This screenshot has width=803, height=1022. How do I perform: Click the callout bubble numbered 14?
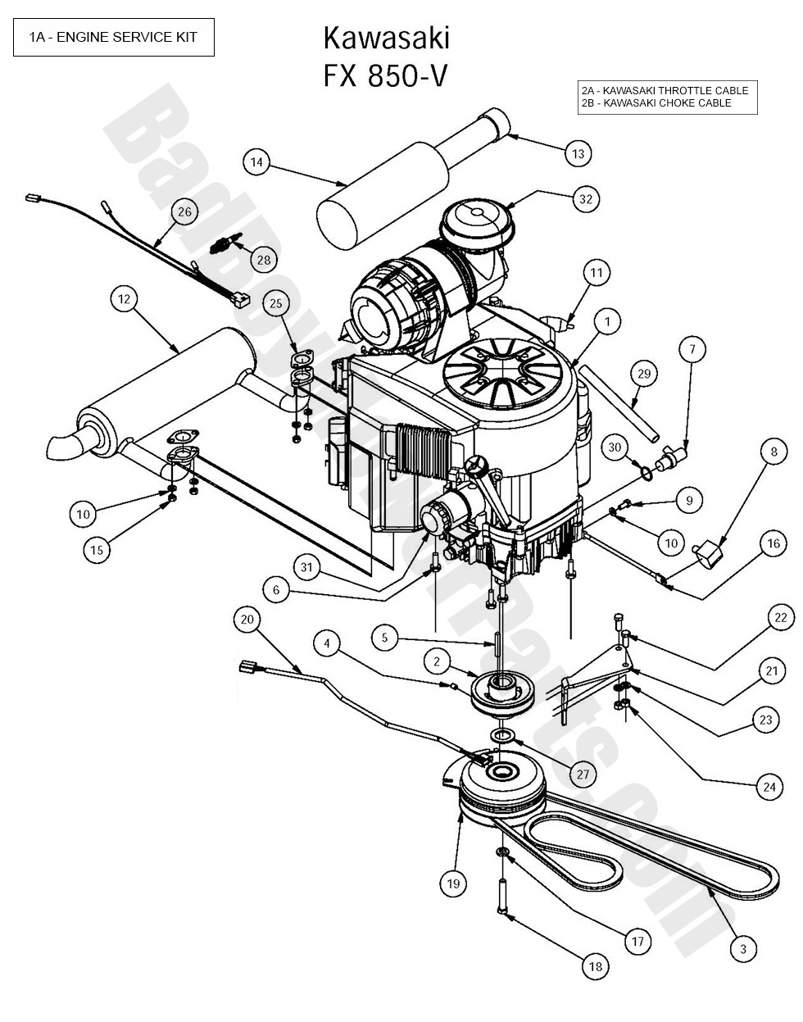(x=257, y=162)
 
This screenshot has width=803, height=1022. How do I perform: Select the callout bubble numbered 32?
(x=585, y=198)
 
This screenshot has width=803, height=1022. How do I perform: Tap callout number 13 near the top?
(x=578, y=153)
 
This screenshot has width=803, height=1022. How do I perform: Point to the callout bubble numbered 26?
(x=184, y=212)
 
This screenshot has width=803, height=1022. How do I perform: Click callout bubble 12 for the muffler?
(x=125, y=300)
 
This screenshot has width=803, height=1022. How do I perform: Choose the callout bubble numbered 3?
(x=743, y=949)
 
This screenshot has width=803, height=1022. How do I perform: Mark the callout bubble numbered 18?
(x=596, y=967)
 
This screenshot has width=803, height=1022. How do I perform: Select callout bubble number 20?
(x=248, y=620)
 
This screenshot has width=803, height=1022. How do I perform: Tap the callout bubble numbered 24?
(x=769, y=788)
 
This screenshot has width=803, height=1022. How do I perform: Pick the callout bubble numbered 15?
(x=97, y=550)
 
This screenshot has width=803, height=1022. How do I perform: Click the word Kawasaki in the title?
(x=386, y=39)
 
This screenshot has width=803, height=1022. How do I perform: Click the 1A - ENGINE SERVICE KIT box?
(x=114, y=37)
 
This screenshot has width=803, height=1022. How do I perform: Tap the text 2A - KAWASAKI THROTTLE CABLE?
(x=665, y=90)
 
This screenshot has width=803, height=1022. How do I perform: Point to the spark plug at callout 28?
(x=225, y=244)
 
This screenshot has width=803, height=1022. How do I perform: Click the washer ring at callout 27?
(x=503, y=735)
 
